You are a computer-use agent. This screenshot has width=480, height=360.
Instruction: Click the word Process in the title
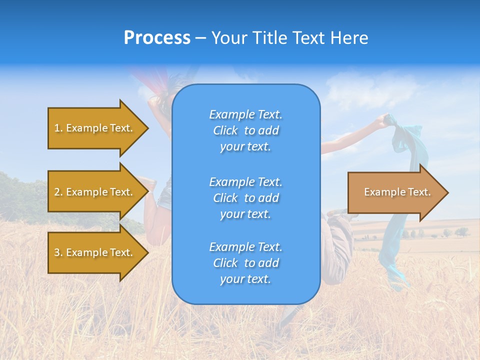pyautogui.click(x=157, y=38)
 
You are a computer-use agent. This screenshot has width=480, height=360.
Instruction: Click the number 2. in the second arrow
pyautogui.click(x=58, y=192)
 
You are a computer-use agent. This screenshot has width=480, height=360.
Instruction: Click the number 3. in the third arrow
pyautogui.click(x=58, y=252)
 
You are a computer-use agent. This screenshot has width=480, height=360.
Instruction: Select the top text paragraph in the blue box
pyautogui.click(x=245, y=130)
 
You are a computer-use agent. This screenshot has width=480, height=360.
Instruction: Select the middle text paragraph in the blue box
pyautogui.click(x=245, y=198)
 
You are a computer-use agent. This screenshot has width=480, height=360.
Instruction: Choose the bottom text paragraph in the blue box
pyautogui.click(x=245, y=263)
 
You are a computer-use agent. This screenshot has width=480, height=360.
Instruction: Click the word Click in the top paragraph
pyautogui.click(x=225, y=131)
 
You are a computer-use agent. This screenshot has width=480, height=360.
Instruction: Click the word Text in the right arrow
pyautogui.click(x=419, y=192)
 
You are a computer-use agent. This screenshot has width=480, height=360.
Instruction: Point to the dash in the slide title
pyautogui.click(x=200, y=38)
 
